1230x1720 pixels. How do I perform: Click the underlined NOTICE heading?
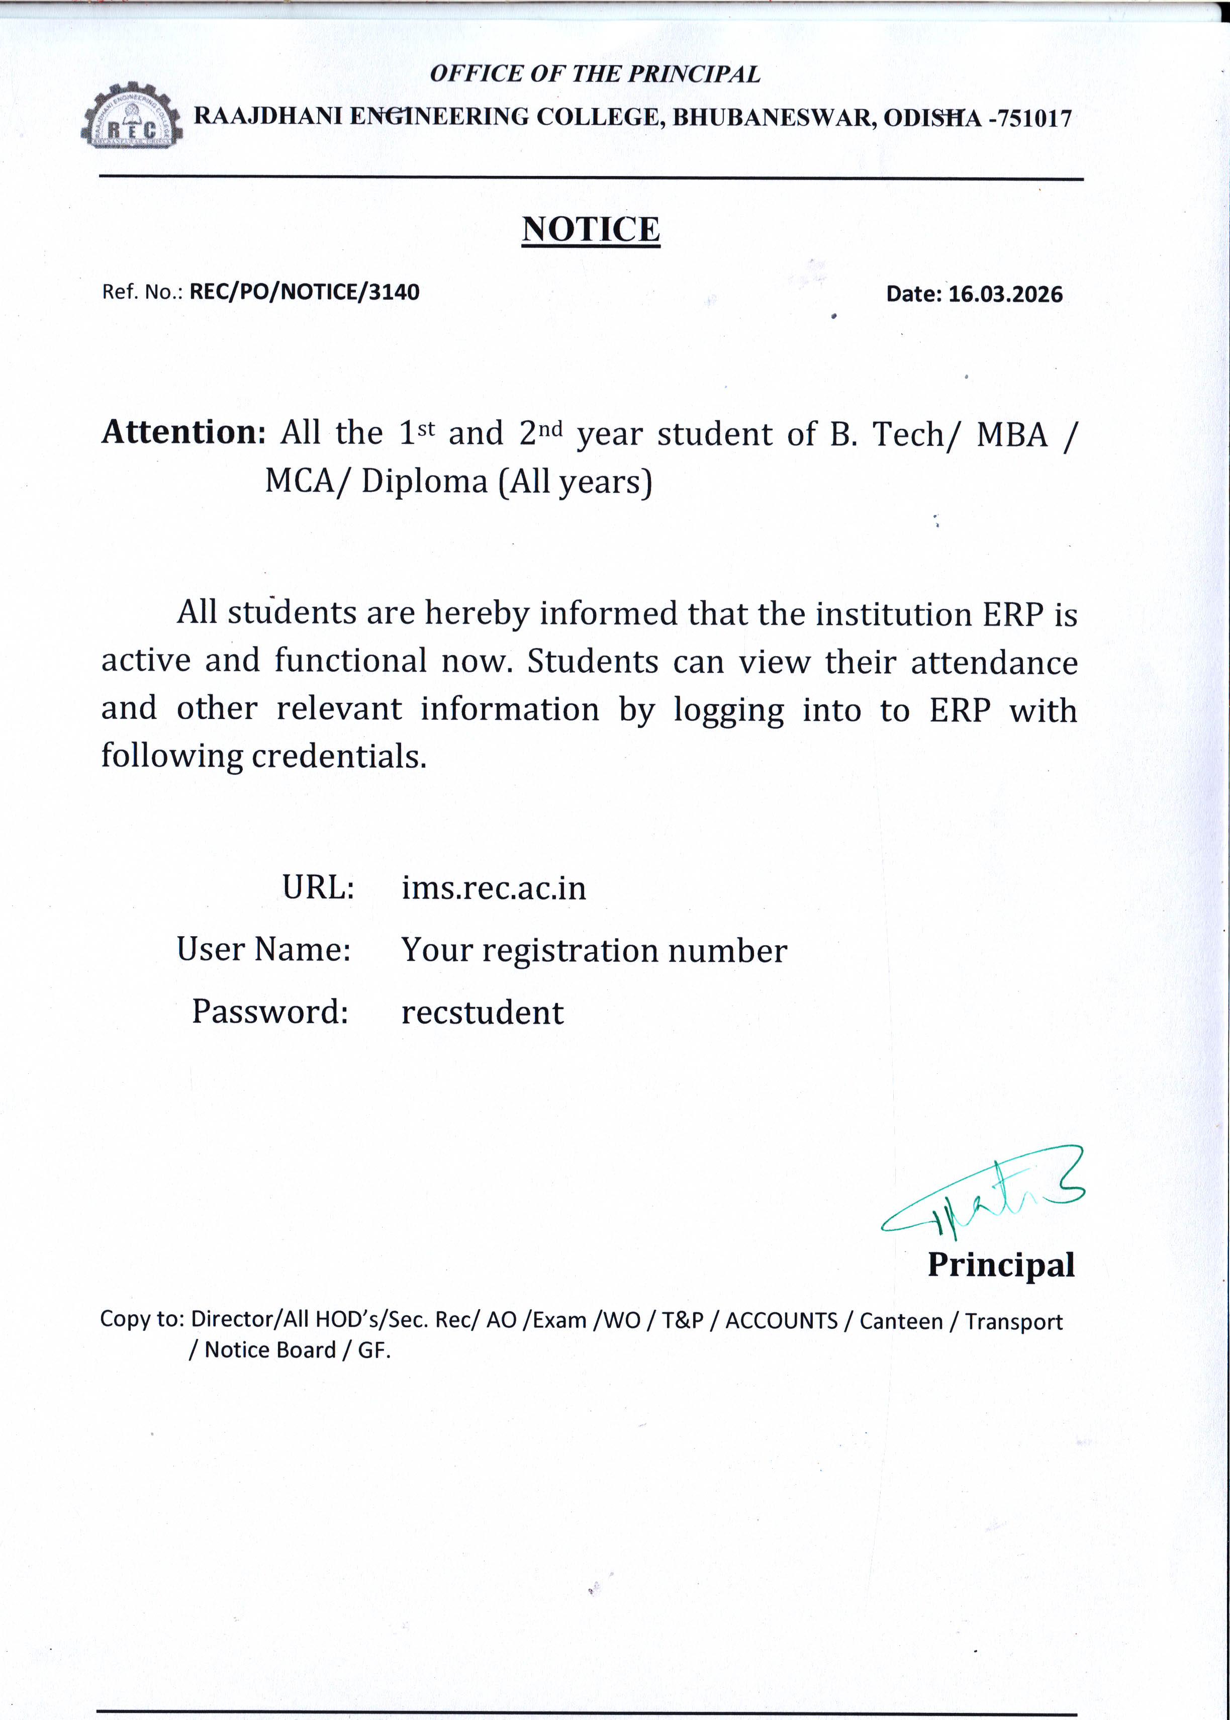pyautogui.click(x=591, y=229)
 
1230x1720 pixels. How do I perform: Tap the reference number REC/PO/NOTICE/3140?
pyautogui.click(x=304, y=292)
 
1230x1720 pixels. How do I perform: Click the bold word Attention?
pyautogui.click(x=183, y=432)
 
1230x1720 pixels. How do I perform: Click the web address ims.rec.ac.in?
pyautogui.click(x=494, y=887)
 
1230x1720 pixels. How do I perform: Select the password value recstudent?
pyautogui.click(x=483, y=1013)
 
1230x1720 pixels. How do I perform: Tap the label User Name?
pyautogui.click(x=263, y=949)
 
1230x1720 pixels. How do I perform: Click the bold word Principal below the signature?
pyautogui.click(x=1000, y=1265)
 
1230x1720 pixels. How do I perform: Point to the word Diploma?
pyautogui.click(x=424, y=482)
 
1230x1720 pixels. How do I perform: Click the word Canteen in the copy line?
pyautogui.click(x=901, y=1322)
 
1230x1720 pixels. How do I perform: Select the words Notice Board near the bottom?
pyautogui.click(x=269, y=1349)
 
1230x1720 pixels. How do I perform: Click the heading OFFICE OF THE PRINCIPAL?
pyautogui.click(x=595, y=73)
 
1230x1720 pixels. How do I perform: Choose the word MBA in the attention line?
pyautogui.click(x=1012, y=435)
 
